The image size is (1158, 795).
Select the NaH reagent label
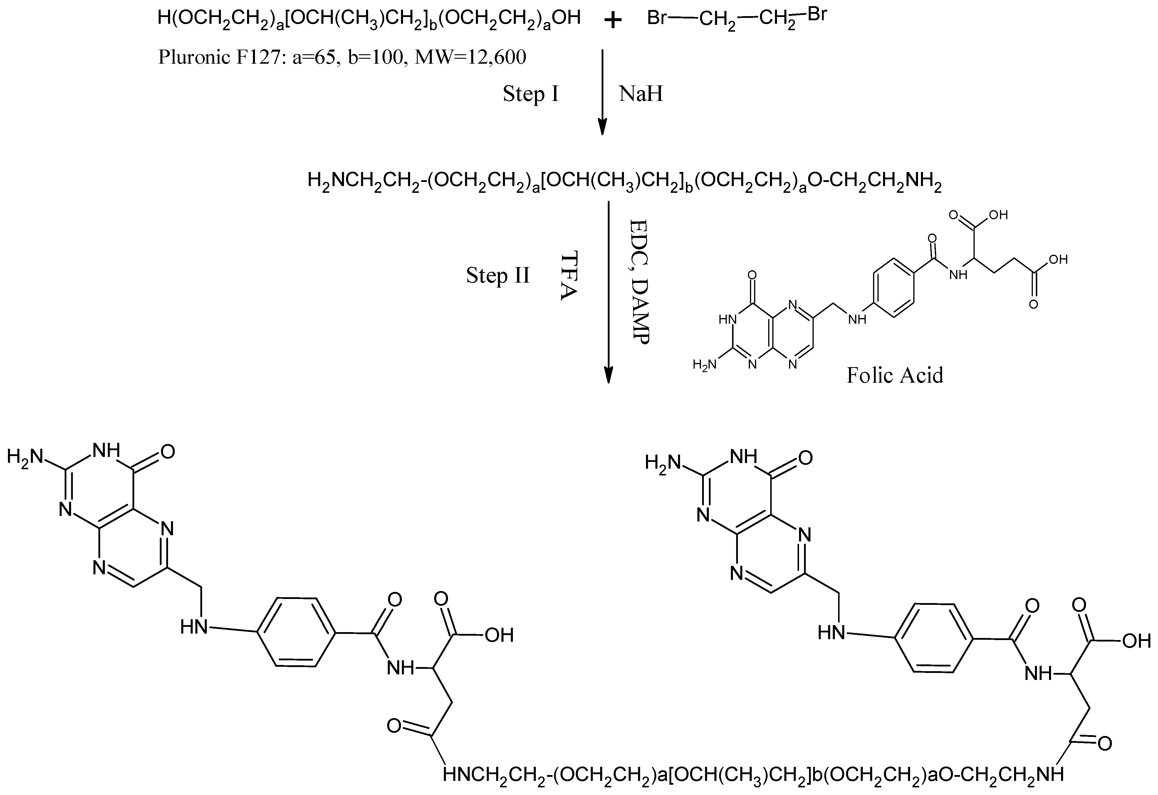point(641,94)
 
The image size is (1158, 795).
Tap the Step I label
point(531,94)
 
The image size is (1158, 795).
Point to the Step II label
point(498,275)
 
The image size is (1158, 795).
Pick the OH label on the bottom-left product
point(499,635)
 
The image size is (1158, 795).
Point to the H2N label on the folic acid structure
point(704,364)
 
